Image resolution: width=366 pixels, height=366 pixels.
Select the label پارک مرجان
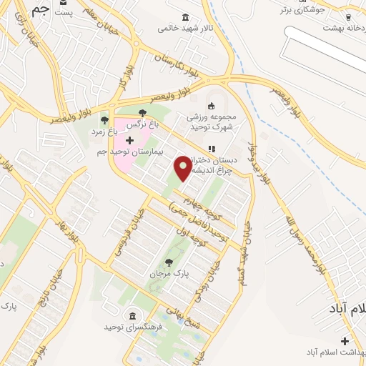(169, 273)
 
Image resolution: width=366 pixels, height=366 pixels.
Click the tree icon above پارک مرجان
(169, 262)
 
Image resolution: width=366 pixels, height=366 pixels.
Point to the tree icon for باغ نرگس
(142, 113)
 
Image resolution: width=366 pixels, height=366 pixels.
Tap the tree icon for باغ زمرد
(104, 120)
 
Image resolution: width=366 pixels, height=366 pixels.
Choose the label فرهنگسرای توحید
(132, 327)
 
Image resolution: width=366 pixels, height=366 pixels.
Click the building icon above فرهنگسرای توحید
(132, 315)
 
